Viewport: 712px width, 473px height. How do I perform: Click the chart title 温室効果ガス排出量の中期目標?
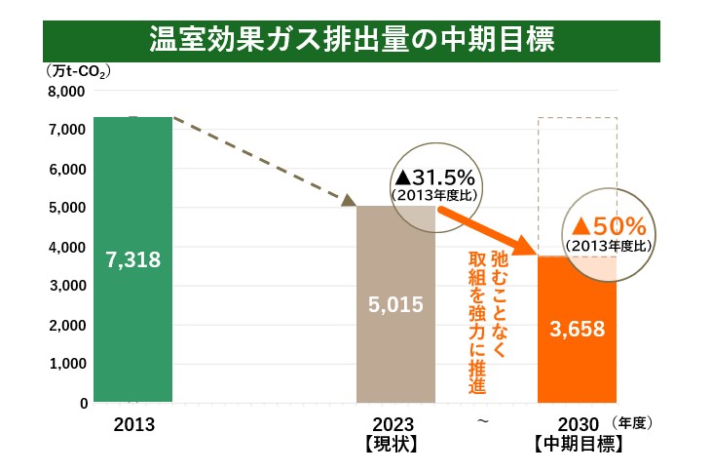click(352, 41)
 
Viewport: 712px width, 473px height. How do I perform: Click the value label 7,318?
click(133, 260)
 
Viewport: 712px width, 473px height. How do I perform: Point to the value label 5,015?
click(395, 304)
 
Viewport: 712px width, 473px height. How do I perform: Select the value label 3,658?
click(578, 329)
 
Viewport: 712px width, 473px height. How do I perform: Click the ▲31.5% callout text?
click(433, 177)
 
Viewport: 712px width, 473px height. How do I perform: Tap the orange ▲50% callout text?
click(610, 227)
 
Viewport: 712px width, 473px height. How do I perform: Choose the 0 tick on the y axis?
click(83, 403)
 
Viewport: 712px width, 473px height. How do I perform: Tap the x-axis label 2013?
click(133, 425)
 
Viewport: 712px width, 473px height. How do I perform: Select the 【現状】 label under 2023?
click(393, 444)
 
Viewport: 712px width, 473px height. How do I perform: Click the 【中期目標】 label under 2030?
click(578, 444)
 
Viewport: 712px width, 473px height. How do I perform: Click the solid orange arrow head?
click(527, 248)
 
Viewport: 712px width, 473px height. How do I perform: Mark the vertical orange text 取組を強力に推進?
click(477, 322)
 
